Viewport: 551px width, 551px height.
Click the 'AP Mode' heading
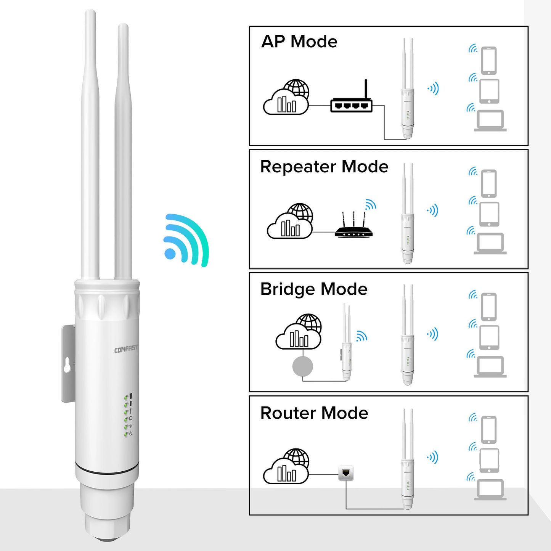coord(299,42)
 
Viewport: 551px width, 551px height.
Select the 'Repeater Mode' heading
coord(324,167)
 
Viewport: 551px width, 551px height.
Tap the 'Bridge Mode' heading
coord(313,289)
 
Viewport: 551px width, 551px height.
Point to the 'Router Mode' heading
coord(314,413)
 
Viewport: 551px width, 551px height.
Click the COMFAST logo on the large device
coord(126,349)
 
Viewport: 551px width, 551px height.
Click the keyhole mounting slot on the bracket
coord(67,365)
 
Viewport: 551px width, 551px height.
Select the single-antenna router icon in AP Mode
coord(351,101)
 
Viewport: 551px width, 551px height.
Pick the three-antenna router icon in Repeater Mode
coord(353,227)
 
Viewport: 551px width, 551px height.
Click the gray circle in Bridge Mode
coord(302,366)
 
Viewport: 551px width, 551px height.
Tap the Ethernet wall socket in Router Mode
coord(346,473)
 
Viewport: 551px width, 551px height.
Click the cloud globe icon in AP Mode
coord(287,98)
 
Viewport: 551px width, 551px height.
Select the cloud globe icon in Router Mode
coord(287,467)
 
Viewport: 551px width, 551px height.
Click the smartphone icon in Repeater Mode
coord(489,183)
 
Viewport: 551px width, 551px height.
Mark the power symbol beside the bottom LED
coord(131,434)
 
